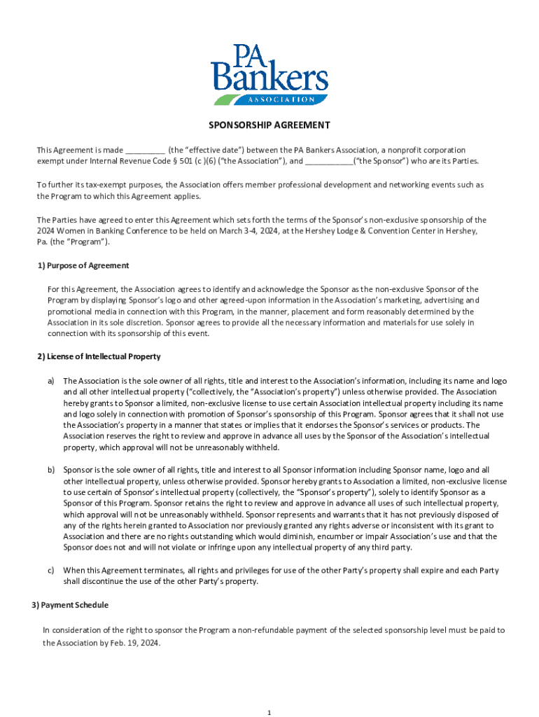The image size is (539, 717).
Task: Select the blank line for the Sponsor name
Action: (x=329, y=162)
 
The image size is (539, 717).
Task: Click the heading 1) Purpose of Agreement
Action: (x=83, y=266)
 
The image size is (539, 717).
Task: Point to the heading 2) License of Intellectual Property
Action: (x=99, y=356)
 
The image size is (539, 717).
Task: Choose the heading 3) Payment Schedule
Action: (x=70, y=605)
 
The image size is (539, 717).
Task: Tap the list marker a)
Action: (x=51, y=380)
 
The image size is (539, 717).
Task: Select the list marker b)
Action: (x=51, y=470)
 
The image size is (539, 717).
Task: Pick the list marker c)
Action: (x=51, y=571)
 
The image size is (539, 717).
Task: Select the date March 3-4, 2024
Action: (x=247, y=231)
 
